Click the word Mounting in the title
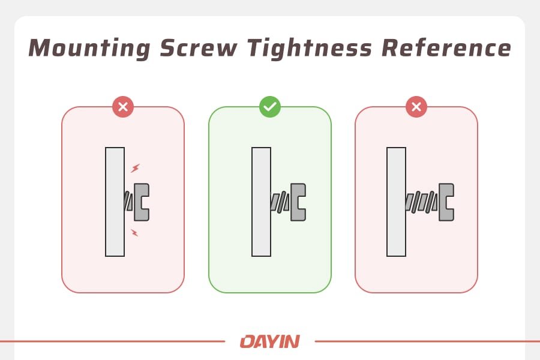click(89, 49)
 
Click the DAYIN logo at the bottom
click(269, 342)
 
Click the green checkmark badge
click(269, 107)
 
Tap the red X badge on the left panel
click(123, 107)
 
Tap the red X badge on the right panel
click(416, 107)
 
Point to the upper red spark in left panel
click(135, 168)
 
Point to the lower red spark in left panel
click(134, 232)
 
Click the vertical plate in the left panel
click(115, 202)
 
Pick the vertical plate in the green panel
click(261, 202)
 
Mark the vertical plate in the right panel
click(396, 202)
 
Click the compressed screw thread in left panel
click(128, 202)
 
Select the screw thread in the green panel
click(280, 202)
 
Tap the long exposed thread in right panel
click(421, 202)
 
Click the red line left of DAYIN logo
click(114, 341)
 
